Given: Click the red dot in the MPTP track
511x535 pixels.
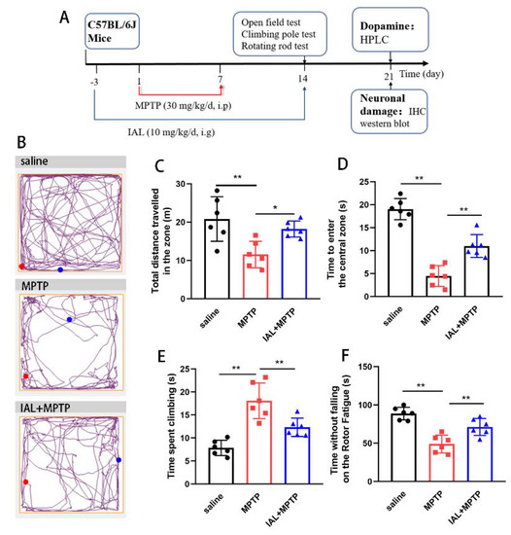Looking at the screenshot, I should coord(25,376).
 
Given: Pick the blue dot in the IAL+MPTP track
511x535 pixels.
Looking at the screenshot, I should coord(119,458).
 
